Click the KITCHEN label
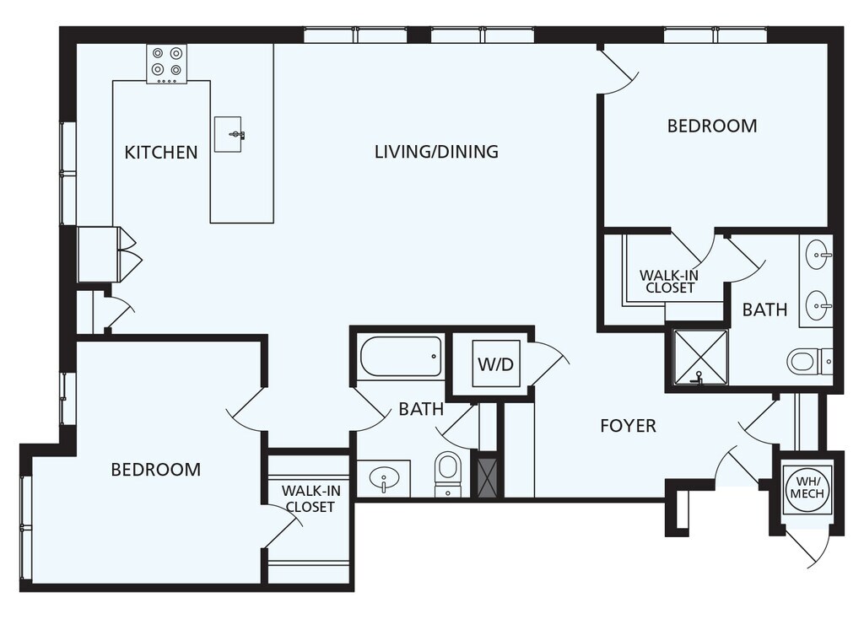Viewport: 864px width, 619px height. (161, 152)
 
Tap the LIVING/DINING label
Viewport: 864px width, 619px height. (436, 152)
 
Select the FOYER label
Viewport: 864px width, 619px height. (628, 426)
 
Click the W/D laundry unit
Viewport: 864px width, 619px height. (496, 363)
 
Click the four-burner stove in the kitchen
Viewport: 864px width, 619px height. (167, 64)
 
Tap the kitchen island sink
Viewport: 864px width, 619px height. (229, 134)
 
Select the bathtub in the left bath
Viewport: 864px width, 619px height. (401, 357)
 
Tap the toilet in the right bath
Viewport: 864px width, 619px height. (809, 362)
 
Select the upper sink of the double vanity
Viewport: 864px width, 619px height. (819, 255)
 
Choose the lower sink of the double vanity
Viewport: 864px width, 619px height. (819, 304)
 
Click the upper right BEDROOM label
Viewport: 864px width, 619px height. (712, 126)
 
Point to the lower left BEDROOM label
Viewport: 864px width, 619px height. (156, 470)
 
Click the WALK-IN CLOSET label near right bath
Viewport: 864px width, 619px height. (668, 282)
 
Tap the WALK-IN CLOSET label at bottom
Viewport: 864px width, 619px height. (310, 498)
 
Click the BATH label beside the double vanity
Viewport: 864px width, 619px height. (764, 309)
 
